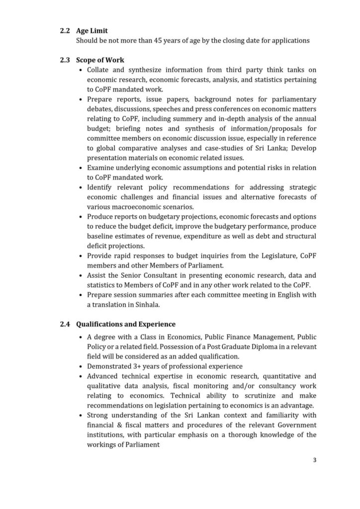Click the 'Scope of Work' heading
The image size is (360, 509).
(100, 60)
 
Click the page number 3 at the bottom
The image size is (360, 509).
(315, 460)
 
